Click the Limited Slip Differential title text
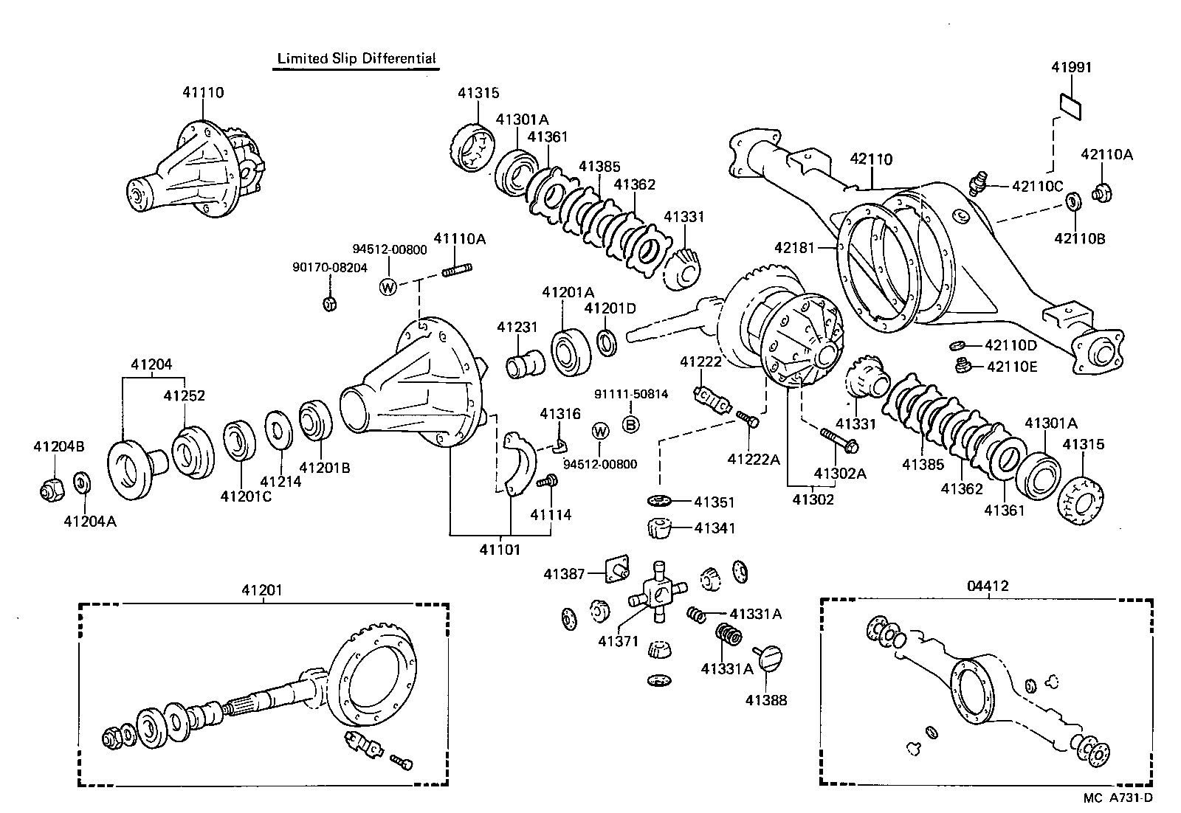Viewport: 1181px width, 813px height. coord(356,58)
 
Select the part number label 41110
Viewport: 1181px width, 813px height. coord(203,93)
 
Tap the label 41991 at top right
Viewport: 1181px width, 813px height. coord(1071,67)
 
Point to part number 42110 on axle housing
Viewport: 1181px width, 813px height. coord(871,159)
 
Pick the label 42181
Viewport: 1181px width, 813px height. coord(794,248)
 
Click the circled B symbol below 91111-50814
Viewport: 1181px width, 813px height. coord(630,424)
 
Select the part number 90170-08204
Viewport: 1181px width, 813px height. coord(328,269)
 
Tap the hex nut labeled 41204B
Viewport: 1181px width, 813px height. coord(51,488)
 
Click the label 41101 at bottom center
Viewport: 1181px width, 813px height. coord(500,549)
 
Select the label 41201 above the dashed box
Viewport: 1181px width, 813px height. coord(262,590)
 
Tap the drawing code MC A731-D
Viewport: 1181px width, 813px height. coord(1118,798)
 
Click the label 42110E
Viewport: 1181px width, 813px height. coord(1011,366)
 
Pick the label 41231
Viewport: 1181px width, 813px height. coord(517,327)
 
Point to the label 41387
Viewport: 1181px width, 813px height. coord(564,573)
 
